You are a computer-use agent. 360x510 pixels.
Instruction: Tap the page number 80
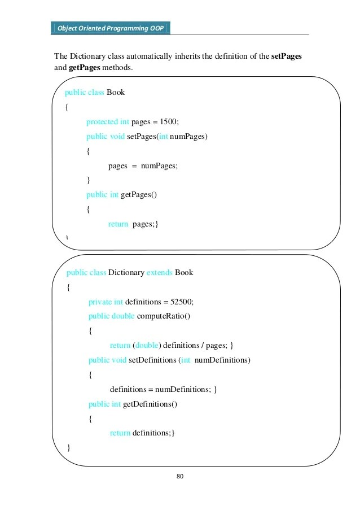coord(180,477)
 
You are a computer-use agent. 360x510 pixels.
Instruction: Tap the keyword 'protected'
coord(102,121)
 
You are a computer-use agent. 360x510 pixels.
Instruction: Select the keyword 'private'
coord(100,302)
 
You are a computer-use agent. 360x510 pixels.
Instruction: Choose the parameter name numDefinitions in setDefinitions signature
coord(222,360)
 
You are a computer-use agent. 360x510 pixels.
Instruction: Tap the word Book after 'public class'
coord(115,92)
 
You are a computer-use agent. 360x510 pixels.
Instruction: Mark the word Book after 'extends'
coord(184,272)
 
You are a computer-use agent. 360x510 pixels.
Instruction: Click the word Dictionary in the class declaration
coord(126,272)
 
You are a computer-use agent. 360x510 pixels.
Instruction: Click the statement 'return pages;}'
coord(133,224)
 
